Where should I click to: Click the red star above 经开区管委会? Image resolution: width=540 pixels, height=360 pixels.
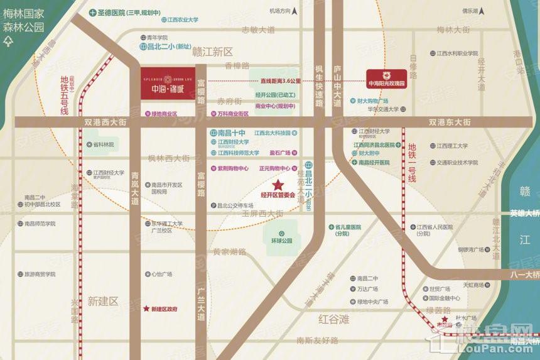(x=278, y=185)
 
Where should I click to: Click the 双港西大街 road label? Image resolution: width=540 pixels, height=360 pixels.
(x=105, y=122)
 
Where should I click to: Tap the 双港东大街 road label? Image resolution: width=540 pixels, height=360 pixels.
(x=450, y=122)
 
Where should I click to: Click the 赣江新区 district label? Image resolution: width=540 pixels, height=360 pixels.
(x=212, y=52)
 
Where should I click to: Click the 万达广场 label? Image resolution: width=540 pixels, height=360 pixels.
(x=367, y=290)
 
